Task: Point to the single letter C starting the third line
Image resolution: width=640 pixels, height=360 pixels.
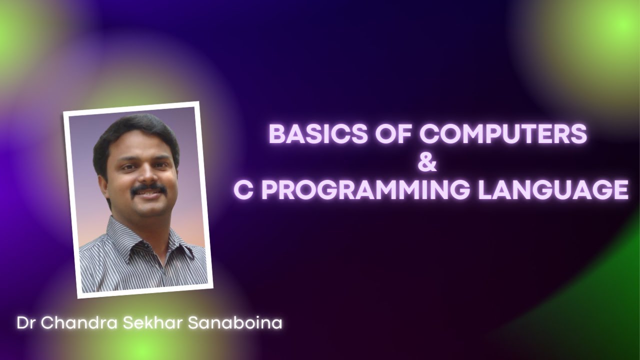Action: click(x=242, y=190)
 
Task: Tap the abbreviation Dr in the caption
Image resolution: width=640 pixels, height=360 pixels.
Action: click(x=26, y=322)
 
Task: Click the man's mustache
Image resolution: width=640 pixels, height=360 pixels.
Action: click(x=148, y=188)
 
